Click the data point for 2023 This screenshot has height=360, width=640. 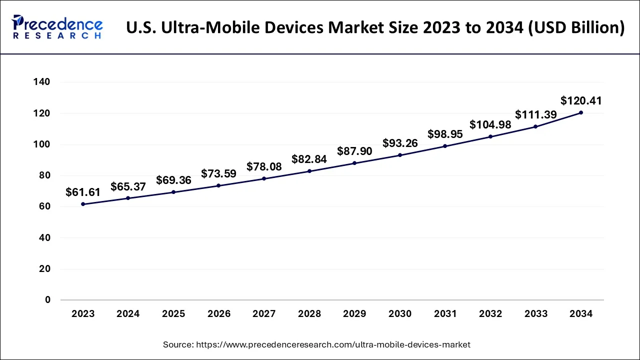83,204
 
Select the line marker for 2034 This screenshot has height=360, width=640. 580,112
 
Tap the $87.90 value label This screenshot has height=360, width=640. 354,151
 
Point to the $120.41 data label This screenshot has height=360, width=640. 581,101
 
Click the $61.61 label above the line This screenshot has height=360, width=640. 83,192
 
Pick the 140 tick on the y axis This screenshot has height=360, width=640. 42,82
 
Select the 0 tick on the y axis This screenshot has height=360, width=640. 47,300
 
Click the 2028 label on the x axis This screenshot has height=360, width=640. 309,314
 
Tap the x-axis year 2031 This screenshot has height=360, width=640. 445,314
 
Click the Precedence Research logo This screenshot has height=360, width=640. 57,27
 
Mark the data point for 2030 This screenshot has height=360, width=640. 400,155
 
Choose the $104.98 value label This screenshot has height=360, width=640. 490,125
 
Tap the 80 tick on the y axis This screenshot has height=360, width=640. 45,175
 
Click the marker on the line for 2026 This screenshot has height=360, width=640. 218,185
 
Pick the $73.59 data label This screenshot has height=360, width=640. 218,174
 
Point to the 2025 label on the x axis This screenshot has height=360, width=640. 173,314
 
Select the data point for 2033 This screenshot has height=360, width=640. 535,126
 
